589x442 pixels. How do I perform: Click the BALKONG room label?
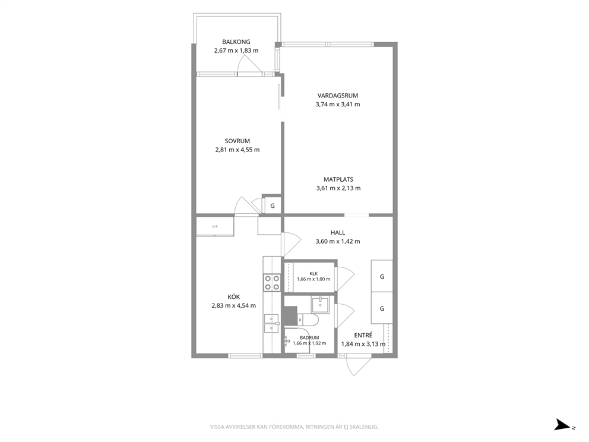pyautogui.click(x=236, y=42)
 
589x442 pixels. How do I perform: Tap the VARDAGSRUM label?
pyautogui.click(x=338, y=96)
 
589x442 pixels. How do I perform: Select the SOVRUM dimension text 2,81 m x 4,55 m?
pyautogui.click(x=237, y=150)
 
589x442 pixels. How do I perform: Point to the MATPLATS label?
pyautogui.click(x=338, y=179)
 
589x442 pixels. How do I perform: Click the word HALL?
pyautogui.click(x=338, y=233)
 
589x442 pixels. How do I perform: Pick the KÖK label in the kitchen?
pyautogui.click(x=234, y=297)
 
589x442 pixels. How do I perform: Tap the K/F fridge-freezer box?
pyautogui.click(x=215, y=226)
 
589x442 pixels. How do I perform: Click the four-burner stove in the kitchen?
pyautogui.click(x=272, y=283)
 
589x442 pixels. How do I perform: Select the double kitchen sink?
pyautogui.click(x=271, y=324)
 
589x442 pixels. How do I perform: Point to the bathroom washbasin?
pyautogui.click(x=320, y=304)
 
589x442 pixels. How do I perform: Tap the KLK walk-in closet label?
pyautogui.click(x=313, y=274)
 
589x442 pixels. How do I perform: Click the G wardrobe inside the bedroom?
pyautogui.click(x=273, y=206)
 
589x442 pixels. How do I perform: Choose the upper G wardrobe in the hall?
pyautogui.click(x=382, y=276)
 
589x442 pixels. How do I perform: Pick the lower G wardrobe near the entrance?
pyautogui.click(x=382, y=308)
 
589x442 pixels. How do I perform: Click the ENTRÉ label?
pyautogui.click(x=363, y=335)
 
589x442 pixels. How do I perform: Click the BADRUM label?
pyautogui.click(x=309, y=338)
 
